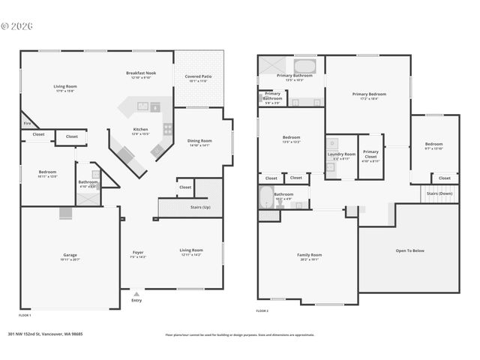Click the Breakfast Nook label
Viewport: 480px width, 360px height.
(140, 73)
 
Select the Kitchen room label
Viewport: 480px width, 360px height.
(141, 130)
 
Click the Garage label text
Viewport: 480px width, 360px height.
(70, 255)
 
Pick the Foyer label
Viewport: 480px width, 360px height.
(138, 252)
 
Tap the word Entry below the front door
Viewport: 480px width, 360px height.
(136, 300)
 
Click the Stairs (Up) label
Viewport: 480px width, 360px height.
(199, 206)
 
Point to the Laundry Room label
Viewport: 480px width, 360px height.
(340, 154)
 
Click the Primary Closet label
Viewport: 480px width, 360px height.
(370, 156)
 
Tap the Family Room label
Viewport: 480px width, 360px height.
(309, 255)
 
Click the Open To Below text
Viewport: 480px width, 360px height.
(409, 250)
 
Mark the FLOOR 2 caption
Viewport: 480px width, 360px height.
(262, 310)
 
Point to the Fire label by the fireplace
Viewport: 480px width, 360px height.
(26, 123)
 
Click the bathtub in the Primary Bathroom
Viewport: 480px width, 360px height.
(305, 65)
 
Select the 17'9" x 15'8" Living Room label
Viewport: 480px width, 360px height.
(66, 87)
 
